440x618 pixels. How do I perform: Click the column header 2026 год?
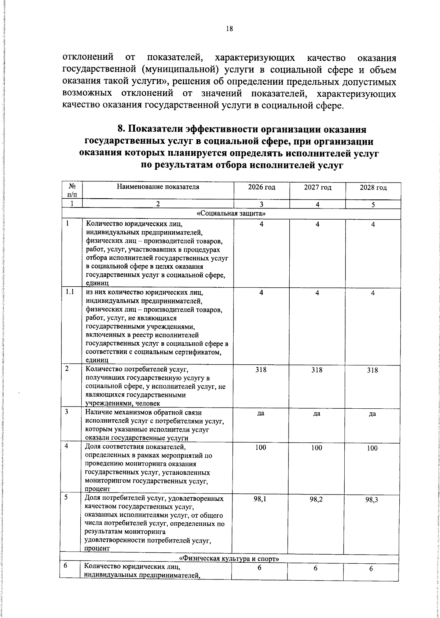click(x=261, y=188)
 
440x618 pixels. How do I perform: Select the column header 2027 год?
click(x=318, y=188)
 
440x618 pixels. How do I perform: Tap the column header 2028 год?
click(x=373, y=188)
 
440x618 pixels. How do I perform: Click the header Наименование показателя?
click(x=158, y=187)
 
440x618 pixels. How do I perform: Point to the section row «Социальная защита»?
click(x=231, y=213)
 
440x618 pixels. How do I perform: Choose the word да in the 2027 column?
click(x=317, y=414)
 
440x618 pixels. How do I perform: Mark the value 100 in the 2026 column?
click(x=261, y=448)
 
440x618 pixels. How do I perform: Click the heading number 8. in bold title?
click(x=121, y=129)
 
